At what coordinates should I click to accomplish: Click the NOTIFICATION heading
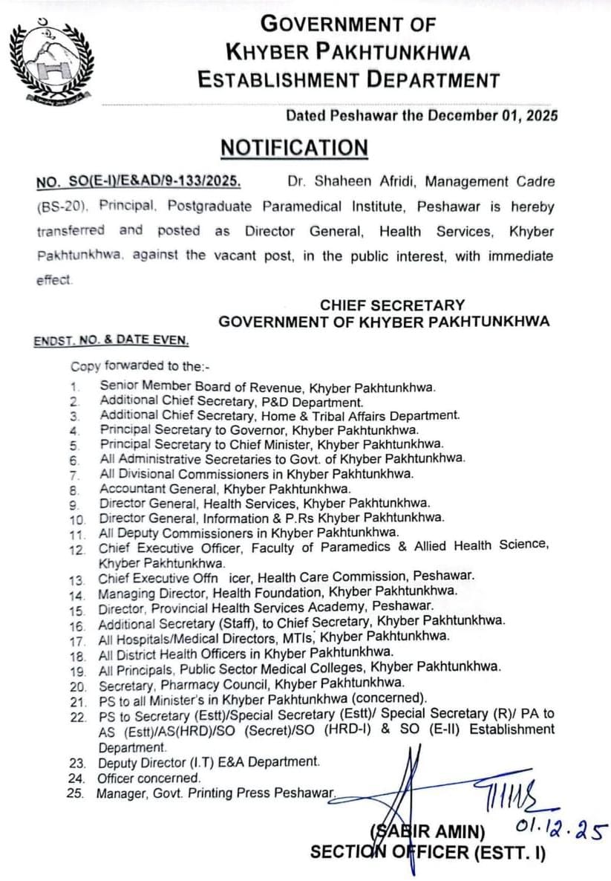click(x=294, y=147)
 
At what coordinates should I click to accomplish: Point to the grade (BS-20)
click(x=59, y=206)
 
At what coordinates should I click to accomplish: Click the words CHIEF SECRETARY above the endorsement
click(x=393, y=305)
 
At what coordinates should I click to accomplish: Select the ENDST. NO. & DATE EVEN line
click(x=111, y=341)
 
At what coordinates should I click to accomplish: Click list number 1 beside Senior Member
click(x=74, y=387)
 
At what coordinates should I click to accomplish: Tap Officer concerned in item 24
click(x=149, y=778)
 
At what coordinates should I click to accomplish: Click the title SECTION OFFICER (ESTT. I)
click(x=428, y=852)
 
